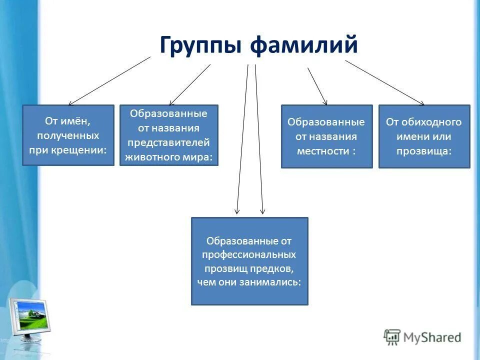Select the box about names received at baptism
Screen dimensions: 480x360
pos(68,135)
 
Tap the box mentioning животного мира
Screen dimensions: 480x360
pos(169,135)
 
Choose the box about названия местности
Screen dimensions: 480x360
pos(326,136)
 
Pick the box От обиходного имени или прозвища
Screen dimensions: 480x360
pos(424,136)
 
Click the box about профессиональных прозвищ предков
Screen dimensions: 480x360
pos(249,261)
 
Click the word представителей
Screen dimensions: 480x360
pos(169,142)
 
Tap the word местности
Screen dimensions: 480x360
pos(322,150)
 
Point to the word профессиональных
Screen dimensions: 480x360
pos(249,254)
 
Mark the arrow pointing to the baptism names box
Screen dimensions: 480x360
pos(109,80)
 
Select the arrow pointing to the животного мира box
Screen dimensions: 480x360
pos(189,84)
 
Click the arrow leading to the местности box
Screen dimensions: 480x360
pos(317,86)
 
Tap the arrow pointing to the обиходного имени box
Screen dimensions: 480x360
pos(384,82)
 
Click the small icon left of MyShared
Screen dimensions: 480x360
pos(391,337)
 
